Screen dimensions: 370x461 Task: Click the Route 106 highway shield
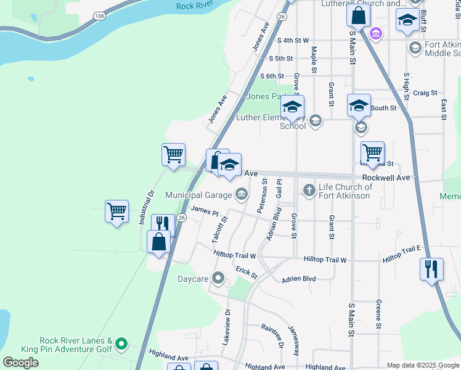(x=99, y=14)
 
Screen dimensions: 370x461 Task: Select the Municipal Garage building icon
(x=241, y=195)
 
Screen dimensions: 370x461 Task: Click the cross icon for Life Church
(x=309, y=191)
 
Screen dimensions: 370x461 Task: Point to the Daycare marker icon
(x=217, y=279)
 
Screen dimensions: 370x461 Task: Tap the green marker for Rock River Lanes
(x=121, y=343)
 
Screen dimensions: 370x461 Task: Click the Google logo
(x=20, y=362)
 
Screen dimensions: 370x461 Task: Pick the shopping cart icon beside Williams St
(x=372, y=152)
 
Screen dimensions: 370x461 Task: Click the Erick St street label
(x=246, y=272)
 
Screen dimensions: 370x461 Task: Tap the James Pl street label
(x=205, y=212)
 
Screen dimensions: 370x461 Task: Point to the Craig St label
(x=425, y=92)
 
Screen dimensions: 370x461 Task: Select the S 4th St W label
(x=293, y=41)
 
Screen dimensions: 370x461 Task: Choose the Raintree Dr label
(x=271, y=336)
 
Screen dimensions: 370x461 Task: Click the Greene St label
(x=377, y=314)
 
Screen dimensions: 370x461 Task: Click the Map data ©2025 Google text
(x=423, y=365)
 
